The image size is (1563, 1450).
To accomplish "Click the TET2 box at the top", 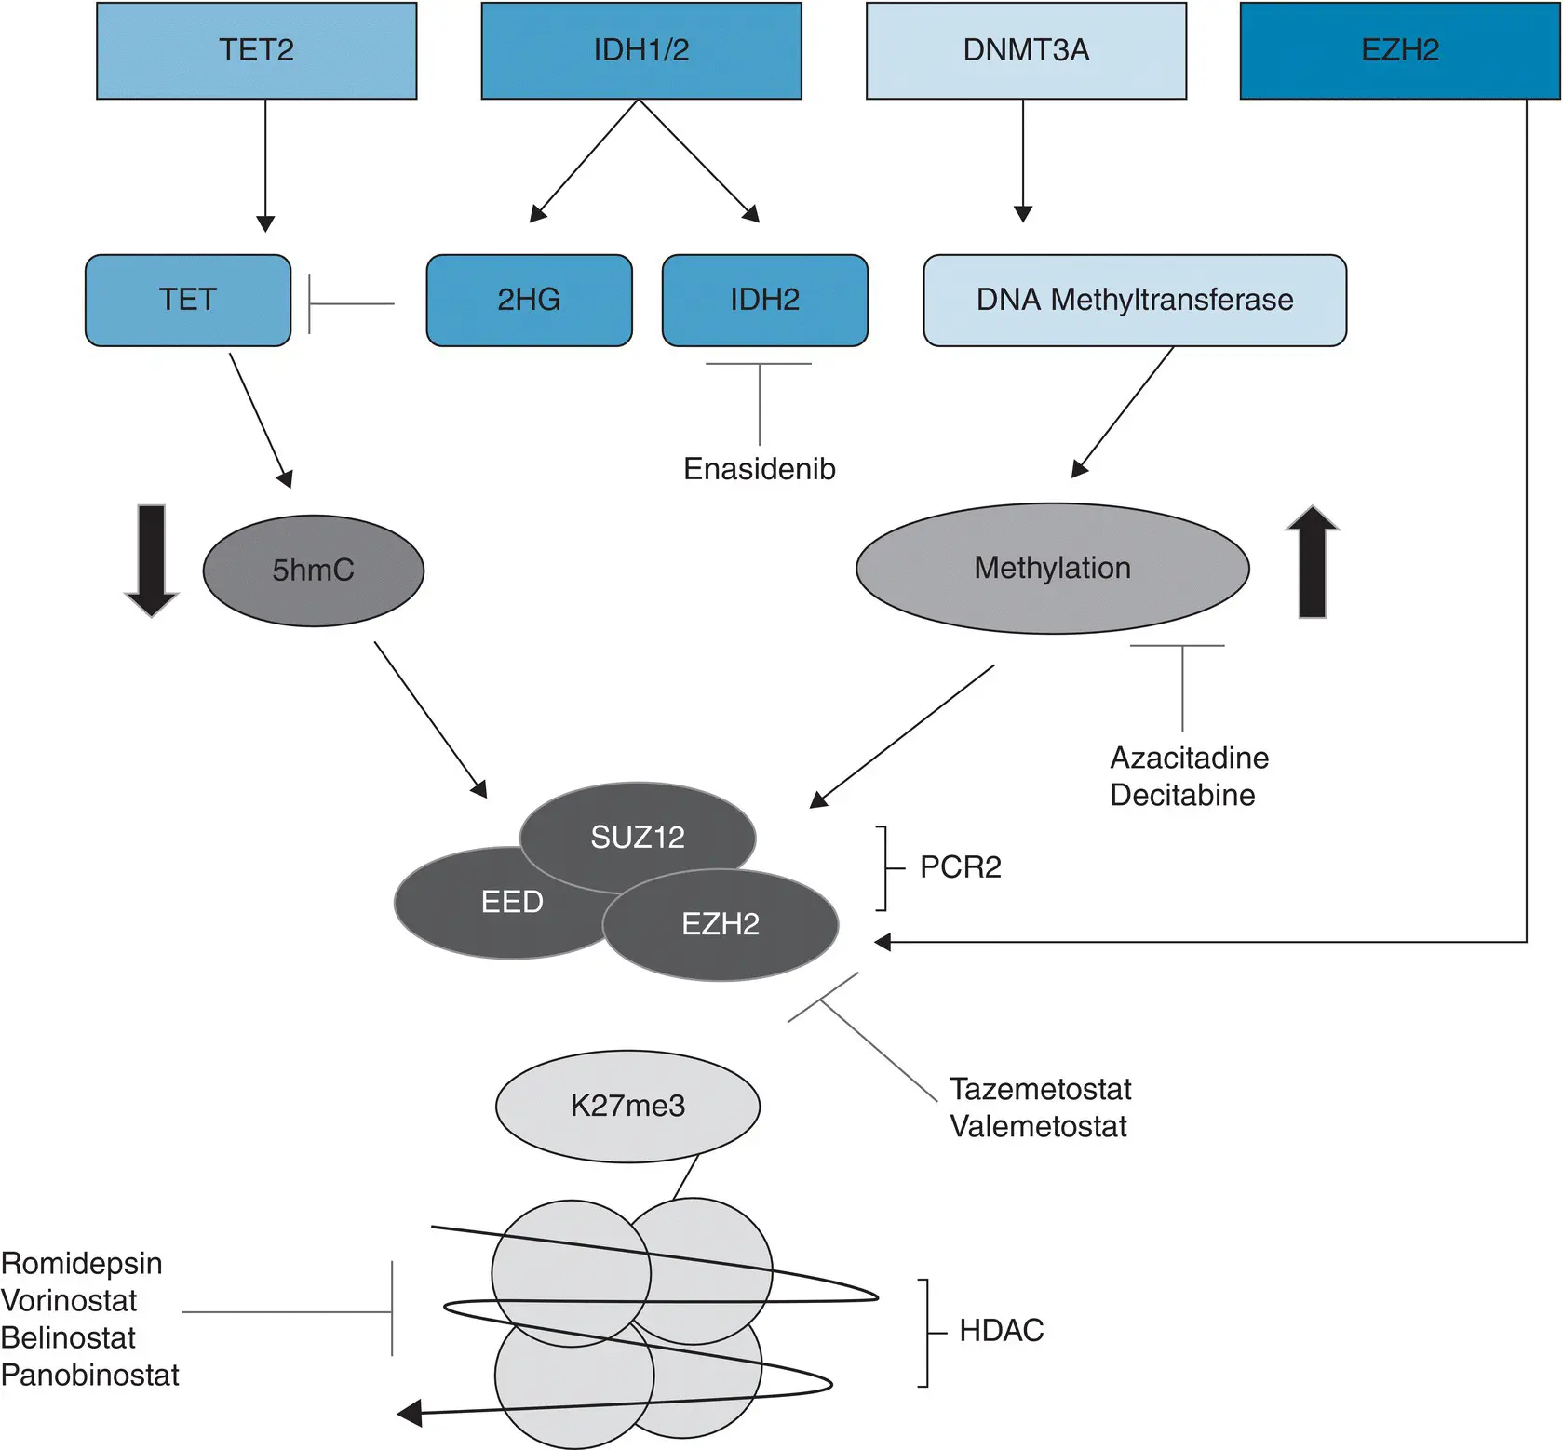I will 256,50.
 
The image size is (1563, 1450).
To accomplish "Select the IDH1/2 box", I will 640,50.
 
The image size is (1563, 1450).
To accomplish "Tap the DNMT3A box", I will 1026,50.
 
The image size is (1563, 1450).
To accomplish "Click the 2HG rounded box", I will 529,300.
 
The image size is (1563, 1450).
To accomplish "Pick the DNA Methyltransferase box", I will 1134,300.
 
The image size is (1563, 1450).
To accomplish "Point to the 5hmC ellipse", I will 313,571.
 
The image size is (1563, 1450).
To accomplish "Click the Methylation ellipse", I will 1052,569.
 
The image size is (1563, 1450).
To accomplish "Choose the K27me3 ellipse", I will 627,1106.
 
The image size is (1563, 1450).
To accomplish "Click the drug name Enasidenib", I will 759,468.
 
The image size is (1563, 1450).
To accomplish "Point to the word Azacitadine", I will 1189,758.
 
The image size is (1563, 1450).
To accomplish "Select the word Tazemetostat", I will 1040,1089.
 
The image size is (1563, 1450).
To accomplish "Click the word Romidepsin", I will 82,1263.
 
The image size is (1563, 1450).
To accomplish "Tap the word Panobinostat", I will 89,1375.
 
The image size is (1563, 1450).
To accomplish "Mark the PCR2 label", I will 960,867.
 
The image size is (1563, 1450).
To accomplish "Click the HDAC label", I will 1001,1331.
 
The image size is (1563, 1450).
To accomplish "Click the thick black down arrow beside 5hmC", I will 151,561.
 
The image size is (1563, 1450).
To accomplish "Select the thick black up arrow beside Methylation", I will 1312,561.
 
